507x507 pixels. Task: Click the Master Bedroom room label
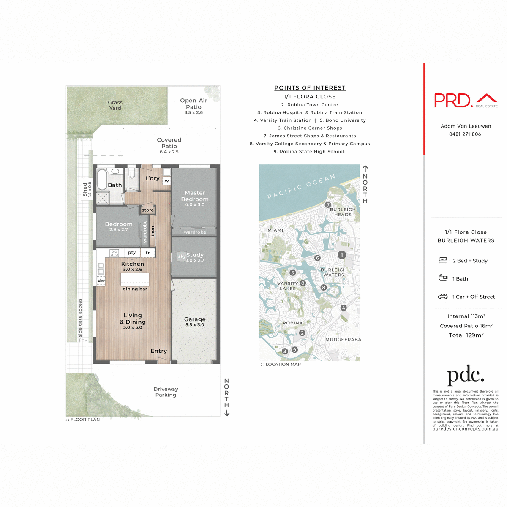click(195, 196)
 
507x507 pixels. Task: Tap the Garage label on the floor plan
click(195, 319)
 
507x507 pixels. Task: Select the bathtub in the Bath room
click(102, 180)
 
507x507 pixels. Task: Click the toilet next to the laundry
click(131, 174)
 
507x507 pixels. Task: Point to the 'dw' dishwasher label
click(101, 281)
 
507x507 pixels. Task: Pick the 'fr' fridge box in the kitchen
click(148, 253)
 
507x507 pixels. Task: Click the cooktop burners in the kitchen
click(114, 253)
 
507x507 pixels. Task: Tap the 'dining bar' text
click(135, 289)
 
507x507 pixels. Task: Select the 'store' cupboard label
click(148, 210)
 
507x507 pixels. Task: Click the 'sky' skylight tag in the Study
click(182, 256)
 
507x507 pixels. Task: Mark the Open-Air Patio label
click(194, 104)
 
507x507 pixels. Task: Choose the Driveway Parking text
click(166, 392)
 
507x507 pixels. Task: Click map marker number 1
click(342, 255)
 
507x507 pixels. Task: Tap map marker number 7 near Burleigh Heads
click(328, 205)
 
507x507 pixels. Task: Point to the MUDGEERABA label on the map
click(343, 339)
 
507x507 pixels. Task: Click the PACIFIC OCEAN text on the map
click(302, 186)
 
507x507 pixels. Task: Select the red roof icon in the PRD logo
click(487, 98)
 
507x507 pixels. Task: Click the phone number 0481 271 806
click(465, 134)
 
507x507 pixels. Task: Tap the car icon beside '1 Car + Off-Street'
click(442, 297)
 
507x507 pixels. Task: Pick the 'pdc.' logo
click(465, 375)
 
